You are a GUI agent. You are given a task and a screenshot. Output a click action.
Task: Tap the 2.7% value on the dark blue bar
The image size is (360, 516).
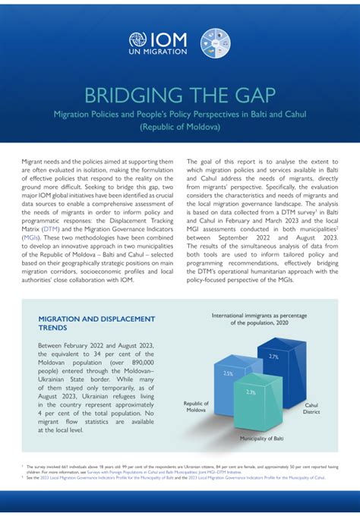point(273,356)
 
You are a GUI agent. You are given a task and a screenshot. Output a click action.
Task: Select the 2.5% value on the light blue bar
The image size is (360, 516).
point(228,373)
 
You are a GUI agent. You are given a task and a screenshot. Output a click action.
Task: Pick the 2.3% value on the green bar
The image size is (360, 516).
point(251,392)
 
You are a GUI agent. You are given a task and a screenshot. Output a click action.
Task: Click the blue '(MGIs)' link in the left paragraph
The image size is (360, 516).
point(32,237)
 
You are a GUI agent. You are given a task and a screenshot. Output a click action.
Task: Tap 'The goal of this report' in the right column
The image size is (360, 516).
point(227,162)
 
